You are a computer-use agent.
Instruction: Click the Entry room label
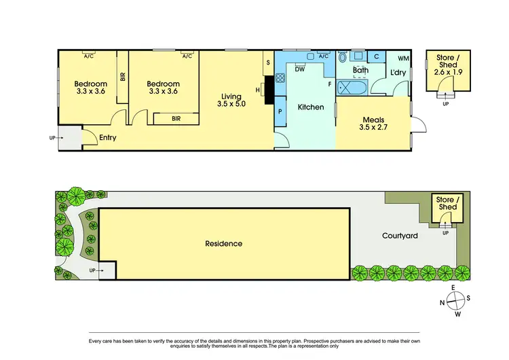[107, 138]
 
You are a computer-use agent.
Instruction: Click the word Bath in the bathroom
[360, 70]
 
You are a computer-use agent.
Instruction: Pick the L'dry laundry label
[397, 73]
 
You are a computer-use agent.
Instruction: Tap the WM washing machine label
[403, 59]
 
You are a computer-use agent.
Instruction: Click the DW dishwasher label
[299, 68]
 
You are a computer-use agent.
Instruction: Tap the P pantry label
[280, 110]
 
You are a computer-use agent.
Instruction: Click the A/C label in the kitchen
[323, 56]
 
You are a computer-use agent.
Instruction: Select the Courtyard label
[400, 236]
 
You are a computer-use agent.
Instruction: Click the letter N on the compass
[443, 303]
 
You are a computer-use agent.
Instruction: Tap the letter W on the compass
[458, 314]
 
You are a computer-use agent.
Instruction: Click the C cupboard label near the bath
[376, 57]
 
